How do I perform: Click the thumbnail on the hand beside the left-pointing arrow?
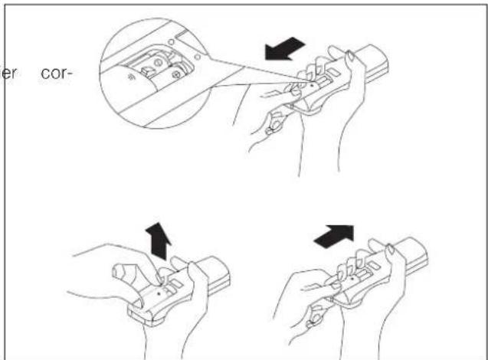pyautogui.click(x=349, y=57)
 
